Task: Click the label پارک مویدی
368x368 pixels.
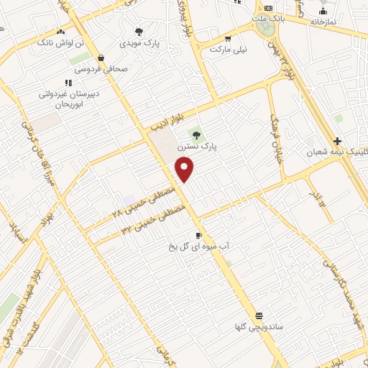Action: click(x=139, y=44)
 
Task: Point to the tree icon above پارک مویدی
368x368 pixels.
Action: click(x=139, y=32)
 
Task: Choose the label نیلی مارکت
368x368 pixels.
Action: click(x=228, y=50)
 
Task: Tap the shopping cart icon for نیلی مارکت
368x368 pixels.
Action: click(x=228, y=39)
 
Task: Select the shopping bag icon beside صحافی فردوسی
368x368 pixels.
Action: click(x=101, y=57)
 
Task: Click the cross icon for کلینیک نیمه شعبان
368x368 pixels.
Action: click(x=337, y=140)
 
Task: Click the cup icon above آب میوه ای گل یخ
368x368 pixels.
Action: click(x=198, y=235)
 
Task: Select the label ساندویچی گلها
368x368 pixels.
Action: click(x=259, y=327)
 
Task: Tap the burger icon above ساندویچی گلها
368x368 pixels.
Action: click(x=259, y=316)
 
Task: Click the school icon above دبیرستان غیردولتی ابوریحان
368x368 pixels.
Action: click(x=68, y=83)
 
